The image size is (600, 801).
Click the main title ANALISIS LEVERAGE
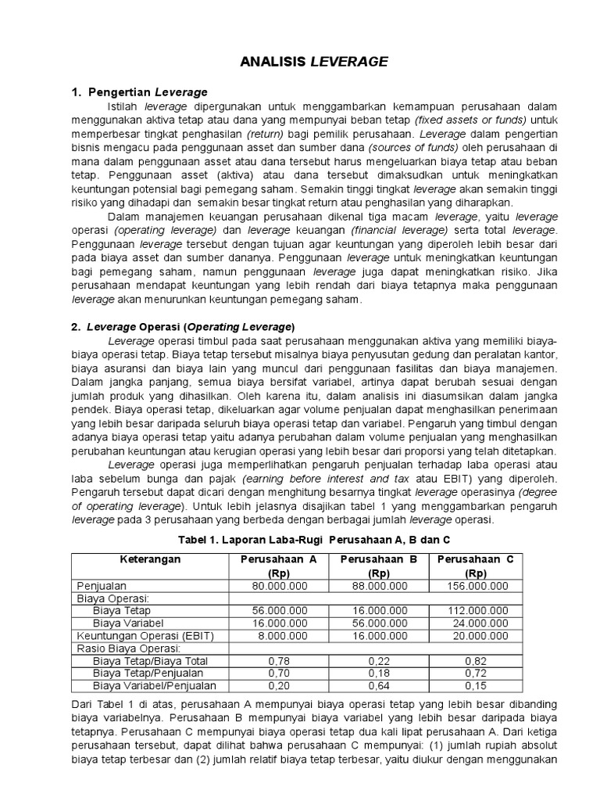point(300,62)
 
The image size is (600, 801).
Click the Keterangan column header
point(150,559)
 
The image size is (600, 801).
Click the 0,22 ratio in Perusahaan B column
point(373,661)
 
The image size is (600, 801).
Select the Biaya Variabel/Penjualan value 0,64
point(373,686)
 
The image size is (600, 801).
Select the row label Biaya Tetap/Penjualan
point(148,673)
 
